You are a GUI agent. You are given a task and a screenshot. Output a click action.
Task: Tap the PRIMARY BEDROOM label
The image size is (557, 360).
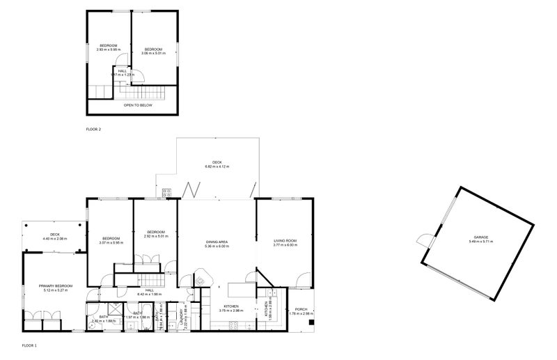[x=56, y=285]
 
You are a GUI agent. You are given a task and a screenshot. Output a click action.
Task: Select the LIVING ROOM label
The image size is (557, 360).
[x=285, y=241]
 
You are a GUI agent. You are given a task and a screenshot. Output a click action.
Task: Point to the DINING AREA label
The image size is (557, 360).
[x=217, y=241]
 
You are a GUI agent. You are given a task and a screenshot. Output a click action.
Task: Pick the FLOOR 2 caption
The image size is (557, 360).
[x=93, y=130]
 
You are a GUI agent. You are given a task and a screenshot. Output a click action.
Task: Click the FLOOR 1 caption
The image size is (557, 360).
[x=29, y=345]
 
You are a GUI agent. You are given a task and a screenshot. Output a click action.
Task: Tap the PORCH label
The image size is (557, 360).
[x=301, y=309]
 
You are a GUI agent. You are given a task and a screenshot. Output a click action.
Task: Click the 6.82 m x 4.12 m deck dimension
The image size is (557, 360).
[x=217, y=166]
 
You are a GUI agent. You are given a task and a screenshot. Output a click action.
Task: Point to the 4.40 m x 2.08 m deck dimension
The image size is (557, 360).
[x=55, y=239]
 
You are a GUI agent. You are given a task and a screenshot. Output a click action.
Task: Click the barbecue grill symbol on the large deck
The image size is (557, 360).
[x=167, y=194]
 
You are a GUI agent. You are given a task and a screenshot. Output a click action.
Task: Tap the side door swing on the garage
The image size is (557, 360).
[x=422, y=240]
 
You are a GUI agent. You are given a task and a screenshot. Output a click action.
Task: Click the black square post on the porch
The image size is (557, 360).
[x=311, y=322]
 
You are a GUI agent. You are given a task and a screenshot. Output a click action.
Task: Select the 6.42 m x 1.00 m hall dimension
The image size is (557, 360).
[x=149, y=294]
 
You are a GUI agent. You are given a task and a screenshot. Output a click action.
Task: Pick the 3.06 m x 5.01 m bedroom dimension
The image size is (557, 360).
[x=152, y=52]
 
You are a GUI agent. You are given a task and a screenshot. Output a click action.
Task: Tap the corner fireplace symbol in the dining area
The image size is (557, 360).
[x=200, y=280]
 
